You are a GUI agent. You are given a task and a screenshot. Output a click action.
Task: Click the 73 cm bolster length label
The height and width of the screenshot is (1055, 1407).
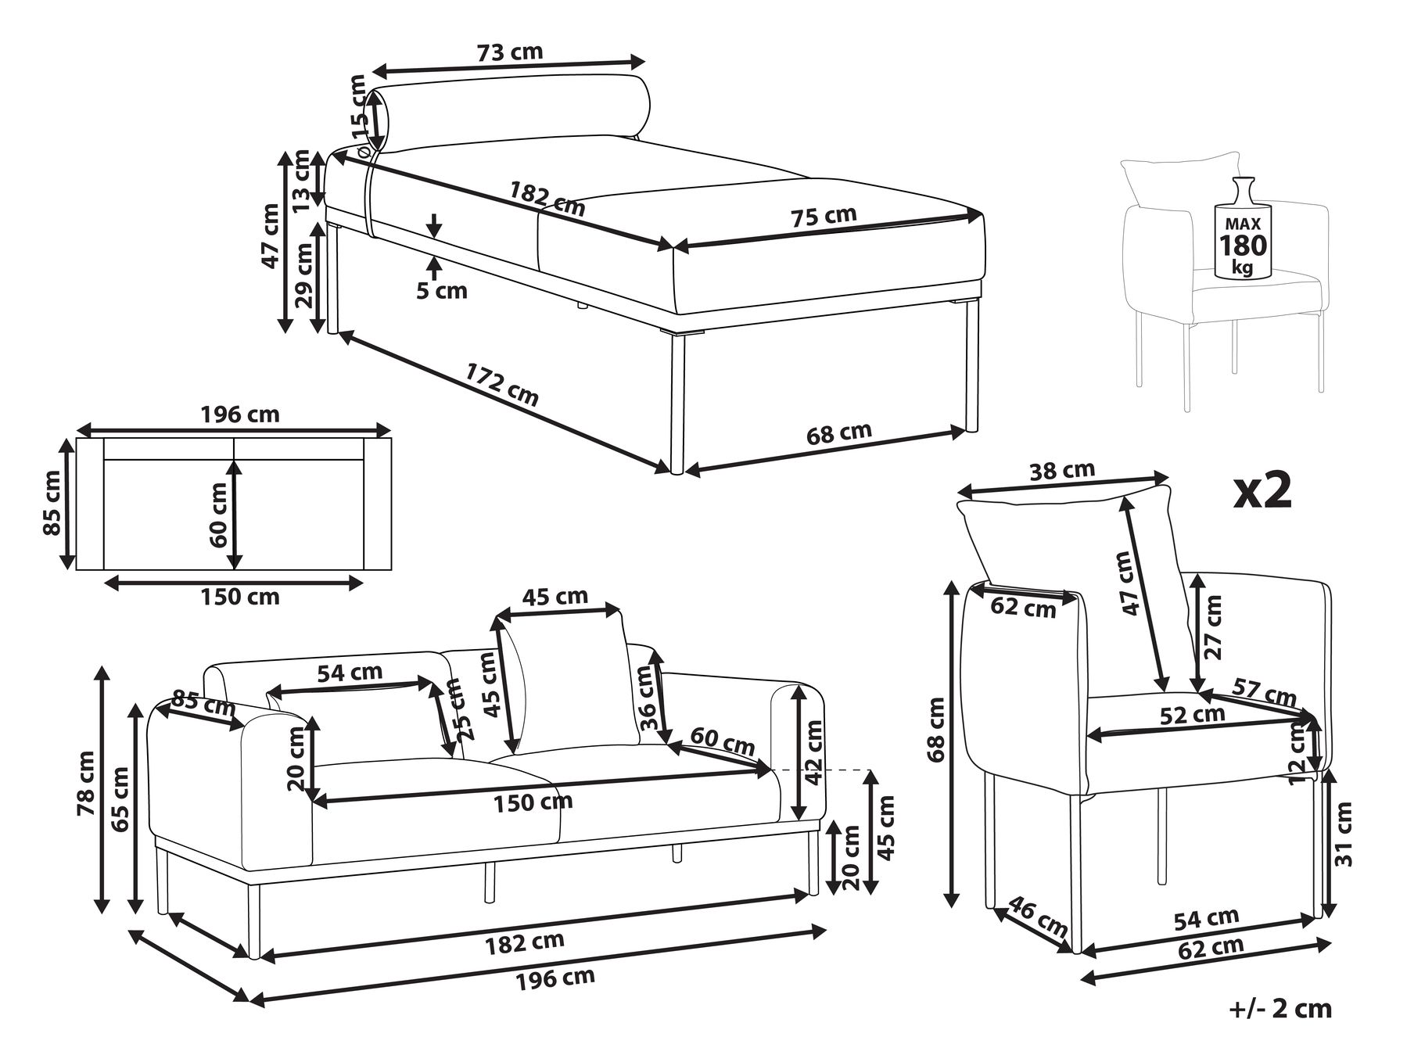click(509, 52)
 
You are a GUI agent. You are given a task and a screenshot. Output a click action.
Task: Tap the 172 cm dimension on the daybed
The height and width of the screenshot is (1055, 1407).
click(502, 383)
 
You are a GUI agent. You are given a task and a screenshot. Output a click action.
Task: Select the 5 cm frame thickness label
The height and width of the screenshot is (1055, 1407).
click(441, 291)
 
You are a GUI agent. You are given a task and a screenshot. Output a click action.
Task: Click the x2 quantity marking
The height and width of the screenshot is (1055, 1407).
click(1262, 491)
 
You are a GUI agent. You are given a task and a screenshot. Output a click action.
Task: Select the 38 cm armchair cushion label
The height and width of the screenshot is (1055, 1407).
click(1061, 471)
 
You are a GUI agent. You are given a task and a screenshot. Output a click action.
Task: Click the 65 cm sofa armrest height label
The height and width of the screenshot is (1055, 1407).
click(121, 800)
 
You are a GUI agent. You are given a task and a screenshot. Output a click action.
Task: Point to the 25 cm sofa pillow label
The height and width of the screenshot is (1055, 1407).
click(453, 709)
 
